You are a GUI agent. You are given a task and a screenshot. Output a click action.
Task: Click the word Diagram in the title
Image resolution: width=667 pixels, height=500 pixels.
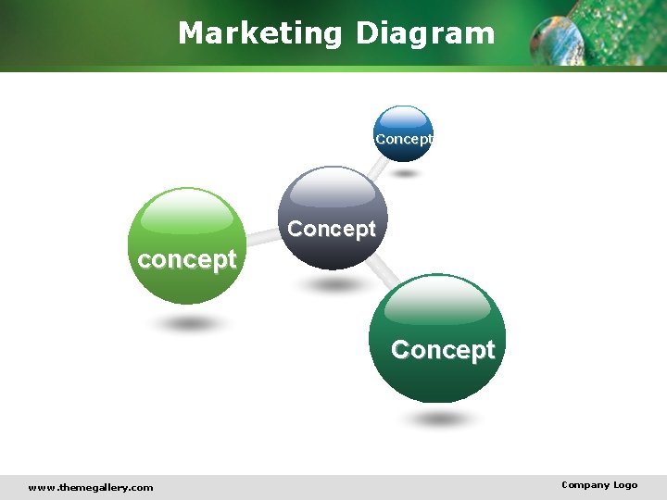[425, 33]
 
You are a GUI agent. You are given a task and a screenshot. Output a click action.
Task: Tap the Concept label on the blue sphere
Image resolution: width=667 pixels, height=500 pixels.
[403, 139]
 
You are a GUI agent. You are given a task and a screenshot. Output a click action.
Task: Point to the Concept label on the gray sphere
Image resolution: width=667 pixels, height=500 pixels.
[332, 229]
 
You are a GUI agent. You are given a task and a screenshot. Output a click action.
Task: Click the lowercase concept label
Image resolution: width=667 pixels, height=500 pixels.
[186, 259]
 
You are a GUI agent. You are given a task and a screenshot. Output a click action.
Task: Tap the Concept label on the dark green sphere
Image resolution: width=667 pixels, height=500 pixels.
[443, 350]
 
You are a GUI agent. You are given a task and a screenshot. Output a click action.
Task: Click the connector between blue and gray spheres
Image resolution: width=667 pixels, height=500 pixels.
[377, 167]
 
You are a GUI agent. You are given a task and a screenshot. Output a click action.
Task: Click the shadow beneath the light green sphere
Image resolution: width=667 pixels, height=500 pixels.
[189, 324]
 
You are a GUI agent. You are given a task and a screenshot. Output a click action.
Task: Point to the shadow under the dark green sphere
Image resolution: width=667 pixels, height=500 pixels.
[439, 419]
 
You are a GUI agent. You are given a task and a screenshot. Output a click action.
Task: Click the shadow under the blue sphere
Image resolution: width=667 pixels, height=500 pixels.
[404, 173]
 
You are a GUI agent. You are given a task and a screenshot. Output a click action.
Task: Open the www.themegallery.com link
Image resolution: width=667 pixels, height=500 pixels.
[91, 487]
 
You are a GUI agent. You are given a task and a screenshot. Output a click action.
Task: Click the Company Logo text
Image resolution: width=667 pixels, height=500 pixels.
[599, 485]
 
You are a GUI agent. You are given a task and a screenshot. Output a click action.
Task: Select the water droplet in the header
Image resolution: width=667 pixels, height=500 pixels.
[558, 39]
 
